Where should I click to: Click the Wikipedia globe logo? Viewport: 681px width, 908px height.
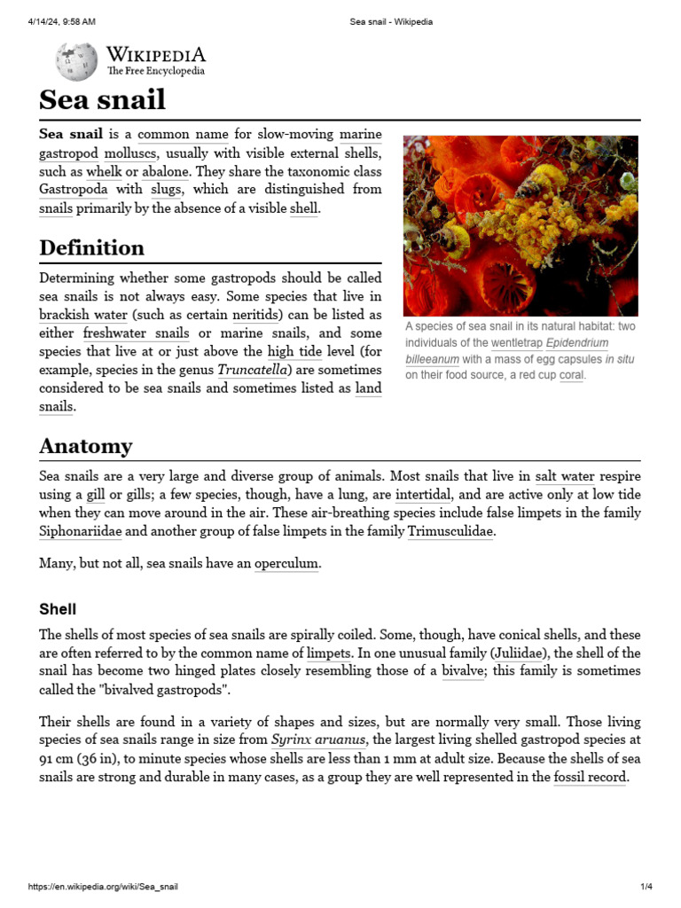[x=77, y=61]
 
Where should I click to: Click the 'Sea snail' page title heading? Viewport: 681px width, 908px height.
[x=102, y=99]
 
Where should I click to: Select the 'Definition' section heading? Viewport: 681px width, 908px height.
[x=91, y=247]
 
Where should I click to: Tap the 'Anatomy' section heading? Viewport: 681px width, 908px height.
[x=85, y=446]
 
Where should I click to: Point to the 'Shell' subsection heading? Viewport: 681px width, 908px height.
[x=58, y=609]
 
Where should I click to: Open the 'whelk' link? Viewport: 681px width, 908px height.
[x=104, y=171]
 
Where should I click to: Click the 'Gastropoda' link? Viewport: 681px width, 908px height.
[x=74, y=189]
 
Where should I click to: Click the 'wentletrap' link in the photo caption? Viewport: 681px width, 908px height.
[x=514, y=342]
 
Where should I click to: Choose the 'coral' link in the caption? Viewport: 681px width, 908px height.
[x=572, y=375]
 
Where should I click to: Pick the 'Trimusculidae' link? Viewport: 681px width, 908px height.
[x=450, y=531]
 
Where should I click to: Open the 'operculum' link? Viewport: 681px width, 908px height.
[x=286, y=563]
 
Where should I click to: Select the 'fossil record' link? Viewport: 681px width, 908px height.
[x=591, y=777]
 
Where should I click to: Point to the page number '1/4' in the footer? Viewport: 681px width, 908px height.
[x=646, y=887]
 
